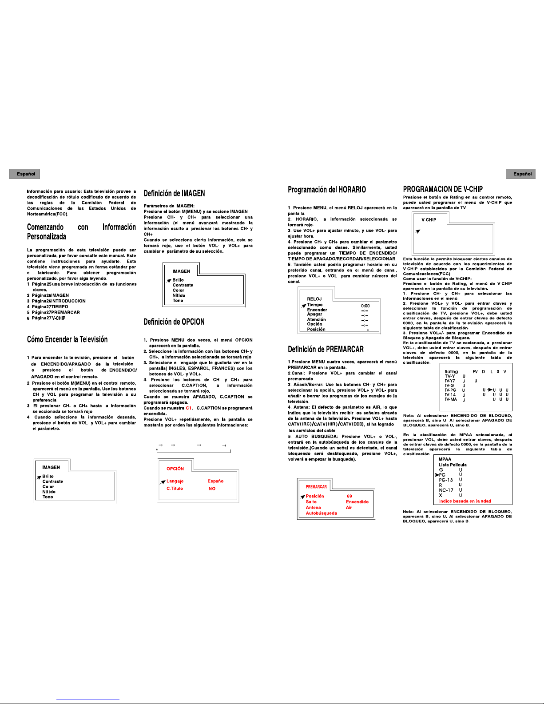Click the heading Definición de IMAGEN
(174, 193)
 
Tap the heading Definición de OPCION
(174, 322)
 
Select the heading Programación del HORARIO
(327, 190)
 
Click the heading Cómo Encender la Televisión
(67, 339)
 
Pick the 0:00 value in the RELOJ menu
(365, 306)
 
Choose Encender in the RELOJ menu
(317, 310)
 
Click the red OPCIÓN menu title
(175, 469)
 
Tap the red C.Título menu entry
(175, 489)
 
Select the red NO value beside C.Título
(212, 489)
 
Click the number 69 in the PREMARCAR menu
(349, 496)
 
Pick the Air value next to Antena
(349, 508)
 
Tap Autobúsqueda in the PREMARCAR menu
(321, 513)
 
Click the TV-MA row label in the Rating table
(451, 399)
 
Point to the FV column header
(475, 371)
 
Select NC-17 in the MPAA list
(446, 490)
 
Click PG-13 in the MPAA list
(446, 480)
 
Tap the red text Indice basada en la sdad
(465, 501)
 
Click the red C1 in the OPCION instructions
(189, 408)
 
